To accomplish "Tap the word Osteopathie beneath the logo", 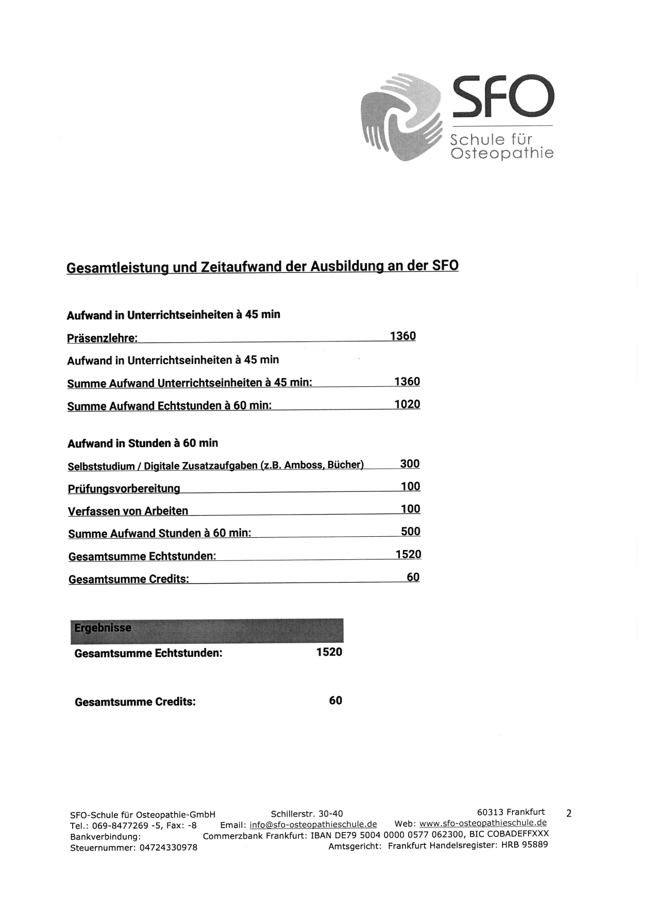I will point(502,153).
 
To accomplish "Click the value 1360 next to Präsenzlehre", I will point(402,336).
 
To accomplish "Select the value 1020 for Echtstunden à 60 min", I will point(407,404).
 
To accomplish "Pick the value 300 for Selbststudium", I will point(410,464).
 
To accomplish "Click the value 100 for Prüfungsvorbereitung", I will point(410,486).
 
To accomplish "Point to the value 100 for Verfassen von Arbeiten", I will point(410,509).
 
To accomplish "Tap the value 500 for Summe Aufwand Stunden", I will point(410,532).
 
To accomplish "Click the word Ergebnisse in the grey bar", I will point(103,628).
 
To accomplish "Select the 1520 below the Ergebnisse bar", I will point(329,652).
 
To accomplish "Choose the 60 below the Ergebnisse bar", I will point(335,701).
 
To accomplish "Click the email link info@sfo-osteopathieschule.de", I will point(313,824).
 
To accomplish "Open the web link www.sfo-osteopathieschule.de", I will point(483,823).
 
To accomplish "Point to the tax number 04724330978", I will point(168,847).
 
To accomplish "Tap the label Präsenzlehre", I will point(102,338).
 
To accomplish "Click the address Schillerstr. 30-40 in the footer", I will point(307,814).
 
